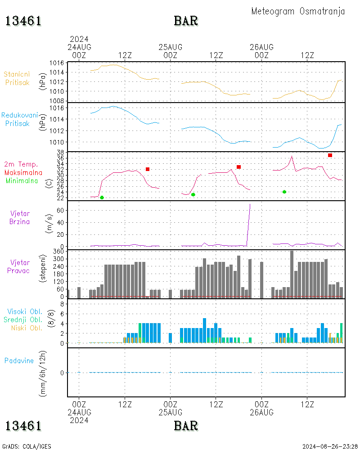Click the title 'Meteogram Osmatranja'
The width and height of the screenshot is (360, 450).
pos(298,11)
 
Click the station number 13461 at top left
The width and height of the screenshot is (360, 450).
pos(23,21)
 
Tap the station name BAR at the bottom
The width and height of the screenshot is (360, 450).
pos(186,425)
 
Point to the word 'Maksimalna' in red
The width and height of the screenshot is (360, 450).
pos(23,172)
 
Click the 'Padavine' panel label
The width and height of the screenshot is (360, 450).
pos(19,360)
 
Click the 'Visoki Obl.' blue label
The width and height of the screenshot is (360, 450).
pos(22,311)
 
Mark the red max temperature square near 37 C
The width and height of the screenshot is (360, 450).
pos(330,155)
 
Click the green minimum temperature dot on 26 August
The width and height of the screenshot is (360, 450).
pos(284,192)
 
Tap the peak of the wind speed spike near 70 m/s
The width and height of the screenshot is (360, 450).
pos(250,204)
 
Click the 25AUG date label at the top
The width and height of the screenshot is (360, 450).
pos(171,47)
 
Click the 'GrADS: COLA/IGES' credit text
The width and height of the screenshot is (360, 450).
pos(27,446)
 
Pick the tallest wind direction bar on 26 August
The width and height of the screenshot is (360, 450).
pos(292,274)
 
